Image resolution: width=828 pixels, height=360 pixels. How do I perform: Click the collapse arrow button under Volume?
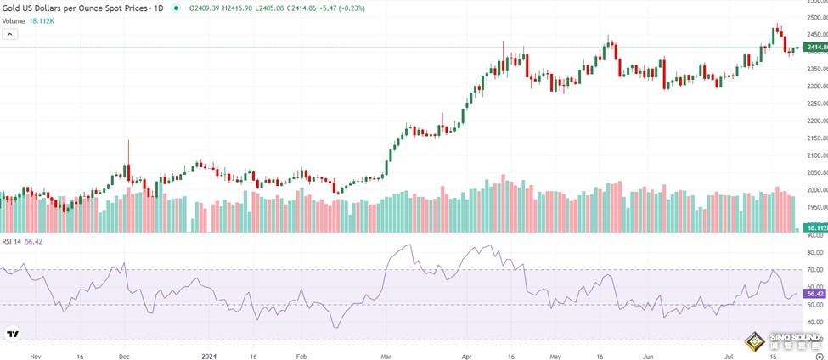(10, 34)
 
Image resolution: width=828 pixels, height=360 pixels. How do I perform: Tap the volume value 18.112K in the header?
(41, 20)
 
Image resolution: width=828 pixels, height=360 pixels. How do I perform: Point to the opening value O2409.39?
(204, 8)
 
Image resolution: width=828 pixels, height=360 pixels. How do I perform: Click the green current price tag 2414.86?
(814, 47)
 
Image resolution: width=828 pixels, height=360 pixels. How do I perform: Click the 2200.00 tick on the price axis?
(814, 121)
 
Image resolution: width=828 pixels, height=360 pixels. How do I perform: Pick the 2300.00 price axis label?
(814, 86)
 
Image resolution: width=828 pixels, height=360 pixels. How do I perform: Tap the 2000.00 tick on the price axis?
(814, 190)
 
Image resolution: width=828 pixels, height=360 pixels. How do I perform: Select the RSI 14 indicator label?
(12, 241)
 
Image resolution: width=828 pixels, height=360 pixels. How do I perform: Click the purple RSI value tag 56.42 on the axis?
(814, 295)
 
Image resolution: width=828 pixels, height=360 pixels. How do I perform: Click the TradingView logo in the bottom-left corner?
(14, 335)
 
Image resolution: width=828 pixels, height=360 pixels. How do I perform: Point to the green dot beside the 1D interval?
(176, 8)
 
